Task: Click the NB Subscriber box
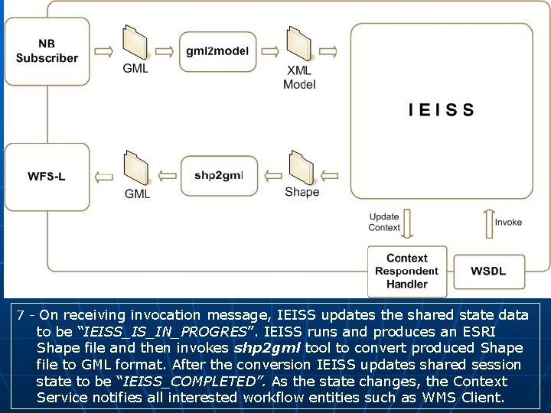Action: pyautogui.click(x=47, y=51)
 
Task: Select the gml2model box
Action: pyautogui.click(x=217, y=51)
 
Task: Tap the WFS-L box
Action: pyautogui.click(x=47, y=176)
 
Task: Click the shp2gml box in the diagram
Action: pyautogui.click(x=218, y=175)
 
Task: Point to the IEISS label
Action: pyautogui.click(x=442, y=110)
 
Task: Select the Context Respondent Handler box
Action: pyautogui.click(x=406, y=272)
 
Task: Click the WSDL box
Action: pyautogui.click(x=487, y=272)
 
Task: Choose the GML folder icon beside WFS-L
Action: pyautogui.click(x=136, y=168)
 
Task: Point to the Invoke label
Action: pyautogui.click(x=508, y=223)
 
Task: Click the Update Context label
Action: pyautogui.click(x=384, y=223)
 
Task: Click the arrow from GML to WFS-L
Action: pyautogui.click(x=101, y=177)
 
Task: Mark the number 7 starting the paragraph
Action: pyautogui.click(x=21, y=315)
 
